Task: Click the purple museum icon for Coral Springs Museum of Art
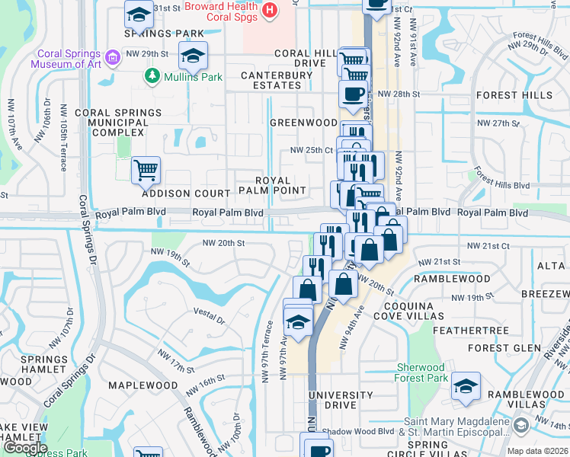coord(113,58)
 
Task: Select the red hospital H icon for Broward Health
coord(268,10)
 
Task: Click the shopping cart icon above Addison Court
coord(146,169)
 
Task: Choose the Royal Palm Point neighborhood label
coord(272,184)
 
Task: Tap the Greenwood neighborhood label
coord(303,123)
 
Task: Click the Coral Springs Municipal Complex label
coord(124,123)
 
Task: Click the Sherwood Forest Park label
coord(421,372)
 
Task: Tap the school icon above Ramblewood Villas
coord(466,385)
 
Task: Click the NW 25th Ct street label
coord(311,150)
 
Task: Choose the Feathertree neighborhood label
coord(470,331)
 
